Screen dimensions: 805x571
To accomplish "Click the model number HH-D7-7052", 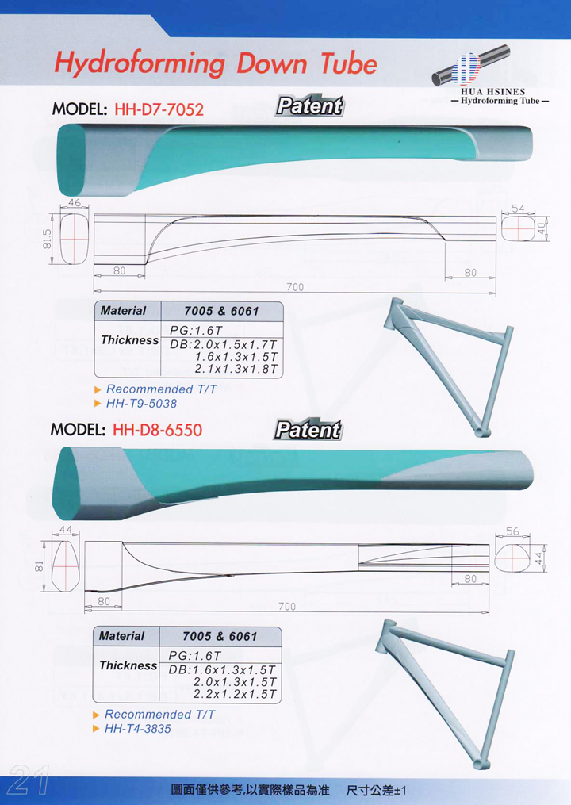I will tap(159, 109).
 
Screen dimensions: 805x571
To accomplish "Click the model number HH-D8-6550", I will tap(158, 430).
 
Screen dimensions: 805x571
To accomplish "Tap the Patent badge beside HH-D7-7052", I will tap(309, 106).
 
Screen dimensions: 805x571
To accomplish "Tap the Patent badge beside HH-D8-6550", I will tap(308, 430).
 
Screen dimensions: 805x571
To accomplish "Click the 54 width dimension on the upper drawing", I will tap(518, 208).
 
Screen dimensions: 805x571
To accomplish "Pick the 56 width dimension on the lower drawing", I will tap(512, 531).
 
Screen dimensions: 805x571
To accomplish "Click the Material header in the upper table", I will tap(124, 311).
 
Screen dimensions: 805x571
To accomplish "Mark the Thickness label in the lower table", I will tap(128, 665).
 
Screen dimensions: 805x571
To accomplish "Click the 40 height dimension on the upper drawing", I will tap(541, 228).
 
